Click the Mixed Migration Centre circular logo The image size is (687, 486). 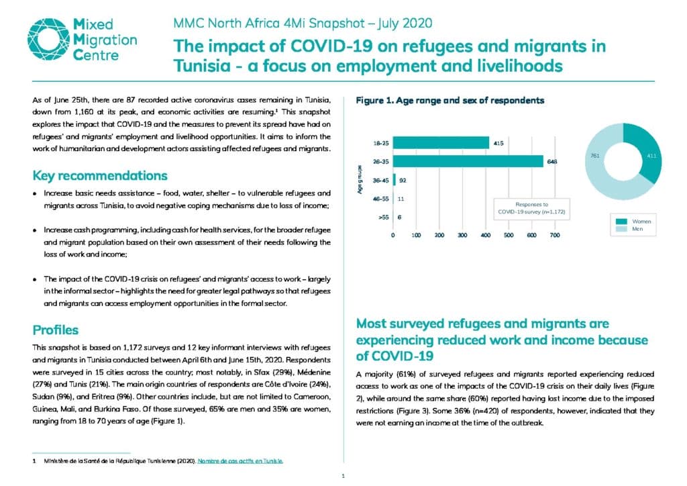(x=48, y=39)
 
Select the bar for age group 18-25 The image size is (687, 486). (x=441, y=143)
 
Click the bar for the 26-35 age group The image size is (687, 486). (x=468, y=161)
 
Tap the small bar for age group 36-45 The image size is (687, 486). (x=394, y=180)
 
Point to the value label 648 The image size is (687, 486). (x=552, y=162)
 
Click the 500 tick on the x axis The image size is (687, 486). (x=509, y=236)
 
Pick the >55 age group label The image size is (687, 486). (x=383, y=217)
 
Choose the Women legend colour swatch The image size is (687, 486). (x=621, y=222)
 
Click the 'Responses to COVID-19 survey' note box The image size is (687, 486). (x=531, y=208)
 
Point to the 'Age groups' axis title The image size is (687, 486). (x=360, y=180)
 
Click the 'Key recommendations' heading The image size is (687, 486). (x=100, y=176)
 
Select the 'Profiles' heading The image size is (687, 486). (x=56, y=330)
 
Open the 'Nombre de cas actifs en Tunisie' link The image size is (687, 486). (x=240, y=461)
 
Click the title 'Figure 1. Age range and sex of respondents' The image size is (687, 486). (x=450, y=101)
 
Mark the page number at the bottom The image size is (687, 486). (x=343, y=476)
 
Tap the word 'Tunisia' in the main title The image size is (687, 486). (x=202, y=66)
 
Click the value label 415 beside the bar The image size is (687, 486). (x=498, y=143)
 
